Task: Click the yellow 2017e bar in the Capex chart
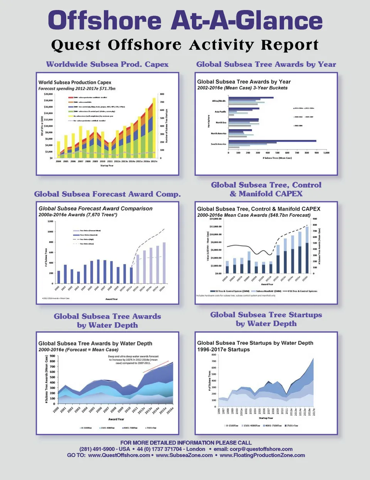[x=154, y=127]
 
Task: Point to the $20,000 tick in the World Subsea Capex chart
[x=48, y=94]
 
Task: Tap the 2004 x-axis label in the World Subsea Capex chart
[x=59, y=162]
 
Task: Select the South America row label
[x=219, y=144]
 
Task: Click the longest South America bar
[x=272, y=141]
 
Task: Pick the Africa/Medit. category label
[x=219, y=101]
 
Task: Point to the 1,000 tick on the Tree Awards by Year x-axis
[x=326, y=153]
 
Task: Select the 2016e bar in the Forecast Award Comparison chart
[x=164, y=263]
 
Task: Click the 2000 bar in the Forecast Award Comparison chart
[x=59, y=277]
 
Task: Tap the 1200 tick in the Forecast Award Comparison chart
[x=50, y=221]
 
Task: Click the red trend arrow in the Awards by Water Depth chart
[x=156, y=367]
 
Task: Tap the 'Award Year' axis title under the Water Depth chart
[x=116, y=419]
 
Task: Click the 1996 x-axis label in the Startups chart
[x=219, y=411]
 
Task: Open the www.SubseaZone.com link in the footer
[x=184, y=455]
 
